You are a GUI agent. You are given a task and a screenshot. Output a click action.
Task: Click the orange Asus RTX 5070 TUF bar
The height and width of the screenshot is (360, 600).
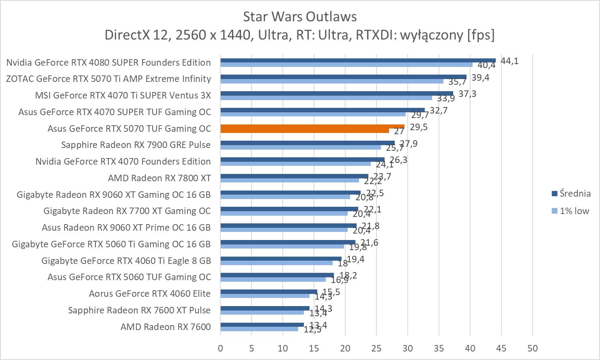[x=312, y=127]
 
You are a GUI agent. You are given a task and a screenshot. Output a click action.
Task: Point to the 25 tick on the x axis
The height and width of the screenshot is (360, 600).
[x=376, y=348]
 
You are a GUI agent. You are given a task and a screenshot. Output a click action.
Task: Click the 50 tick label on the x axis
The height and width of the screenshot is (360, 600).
[x=533, y=348]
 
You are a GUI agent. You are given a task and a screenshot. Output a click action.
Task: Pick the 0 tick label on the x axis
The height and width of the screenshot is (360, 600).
[x=220, y=348]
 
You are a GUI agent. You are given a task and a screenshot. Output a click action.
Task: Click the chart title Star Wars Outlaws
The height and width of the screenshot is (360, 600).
[x=300, y=17]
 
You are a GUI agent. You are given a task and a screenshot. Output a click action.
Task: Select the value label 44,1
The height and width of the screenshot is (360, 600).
[x=510, y=61]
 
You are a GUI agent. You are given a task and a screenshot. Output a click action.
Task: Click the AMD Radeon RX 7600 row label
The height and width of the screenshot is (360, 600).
[x=166, y=327]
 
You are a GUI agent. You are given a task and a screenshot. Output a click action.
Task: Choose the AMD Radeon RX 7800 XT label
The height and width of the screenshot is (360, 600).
[x=159, y=178]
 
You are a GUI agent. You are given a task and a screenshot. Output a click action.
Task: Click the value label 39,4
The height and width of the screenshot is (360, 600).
[x=480, y=77]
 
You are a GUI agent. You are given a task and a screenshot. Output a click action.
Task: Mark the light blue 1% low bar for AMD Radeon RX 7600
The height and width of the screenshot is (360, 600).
[x=259, y=329]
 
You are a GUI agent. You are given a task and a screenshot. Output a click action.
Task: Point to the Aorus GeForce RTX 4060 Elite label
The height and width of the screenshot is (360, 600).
[x=150, y=294]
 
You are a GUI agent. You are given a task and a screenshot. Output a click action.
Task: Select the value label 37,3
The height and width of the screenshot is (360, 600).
[x=467, y=94]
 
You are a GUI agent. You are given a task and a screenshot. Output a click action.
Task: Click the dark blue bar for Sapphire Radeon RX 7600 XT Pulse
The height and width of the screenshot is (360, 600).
[x=265, y=308]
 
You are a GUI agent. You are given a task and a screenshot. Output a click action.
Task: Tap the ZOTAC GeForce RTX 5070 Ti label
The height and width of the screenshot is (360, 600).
[x=108, y=79]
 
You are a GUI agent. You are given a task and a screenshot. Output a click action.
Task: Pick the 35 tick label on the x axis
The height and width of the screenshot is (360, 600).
[x=439, y=348]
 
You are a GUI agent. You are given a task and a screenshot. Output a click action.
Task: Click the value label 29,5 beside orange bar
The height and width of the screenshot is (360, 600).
[x=419, y=127]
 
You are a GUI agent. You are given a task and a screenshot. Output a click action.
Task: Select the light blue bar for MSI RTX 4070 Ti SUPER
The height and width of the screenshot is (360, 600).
[x=326, y=98]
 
